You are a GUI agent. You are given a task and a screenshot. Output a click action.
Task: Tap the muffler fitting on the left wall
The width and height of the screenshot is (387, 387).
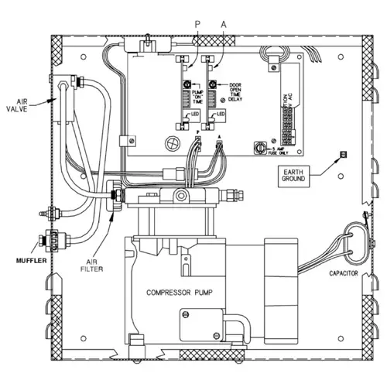pyautogui.click(x=53, y=241)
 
